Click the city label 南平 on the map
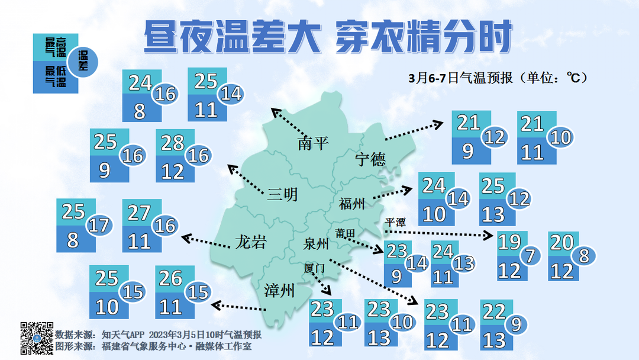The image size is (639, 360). (x=313, y=143)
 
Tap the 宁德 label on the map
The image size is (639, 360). (x=370, y=159)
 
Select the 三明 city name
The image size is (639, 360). (x=282, y=194)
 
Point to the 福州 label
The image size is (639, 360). (x=352, y=204)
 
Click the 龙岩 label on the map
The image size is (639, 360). (x=250, y=242)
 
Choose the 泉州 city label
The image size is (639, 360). (x=315, y=244)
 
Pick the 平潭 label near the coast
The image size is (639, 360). (x=395, y=223)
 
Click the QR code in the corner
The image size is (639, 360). (x=37, y=337)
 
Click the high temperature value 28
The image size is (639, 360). (x=173, y=143)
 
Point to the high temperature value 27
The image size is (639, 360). (x=140, y=212)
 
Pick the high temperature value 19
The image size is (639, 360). (x=509, y=242)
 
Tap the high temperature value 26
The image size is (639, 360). (x=170, y=278)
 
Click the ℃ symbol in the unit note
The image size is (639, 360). (x=573, y=78)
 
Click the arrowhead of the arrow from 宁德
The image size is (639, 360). (x=438, y=123)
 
